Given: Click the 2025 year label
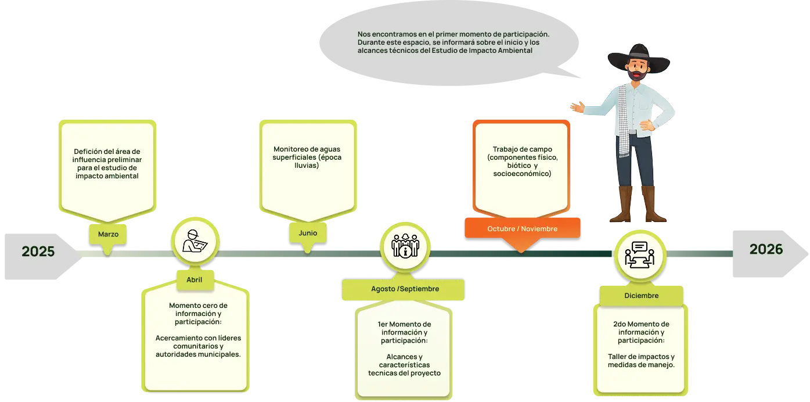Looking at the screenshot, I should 38,252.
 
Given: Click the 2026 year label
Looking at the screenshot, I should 766,249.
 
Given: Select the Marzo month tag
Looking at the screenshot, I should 108,234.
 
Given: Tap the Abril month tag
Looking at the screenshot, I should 194,279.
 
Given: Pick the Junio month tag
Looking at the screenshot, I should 308,233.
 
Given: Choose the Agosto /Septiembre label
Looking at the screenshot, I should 405,289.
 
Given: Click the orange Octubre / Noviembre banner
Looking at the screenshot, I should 522,228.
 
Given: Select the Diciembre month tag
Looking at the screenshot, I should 641,296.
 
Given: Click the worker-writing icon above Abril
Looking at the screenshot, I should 195,241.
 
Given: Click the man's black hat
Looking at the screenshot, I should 638,53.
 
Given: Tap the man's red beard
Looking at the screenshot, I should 638,75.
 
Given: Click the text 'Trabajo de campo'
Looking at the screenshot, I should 522,149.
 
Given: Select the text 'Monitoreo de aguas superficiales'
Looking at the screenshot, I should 307,153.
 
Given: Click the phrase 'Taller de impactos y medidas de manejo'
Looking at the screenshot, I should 641,361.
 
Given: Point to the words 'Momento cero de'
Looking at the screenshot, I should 198,305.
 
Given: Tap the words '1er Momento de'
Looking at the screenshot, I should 404,324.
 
